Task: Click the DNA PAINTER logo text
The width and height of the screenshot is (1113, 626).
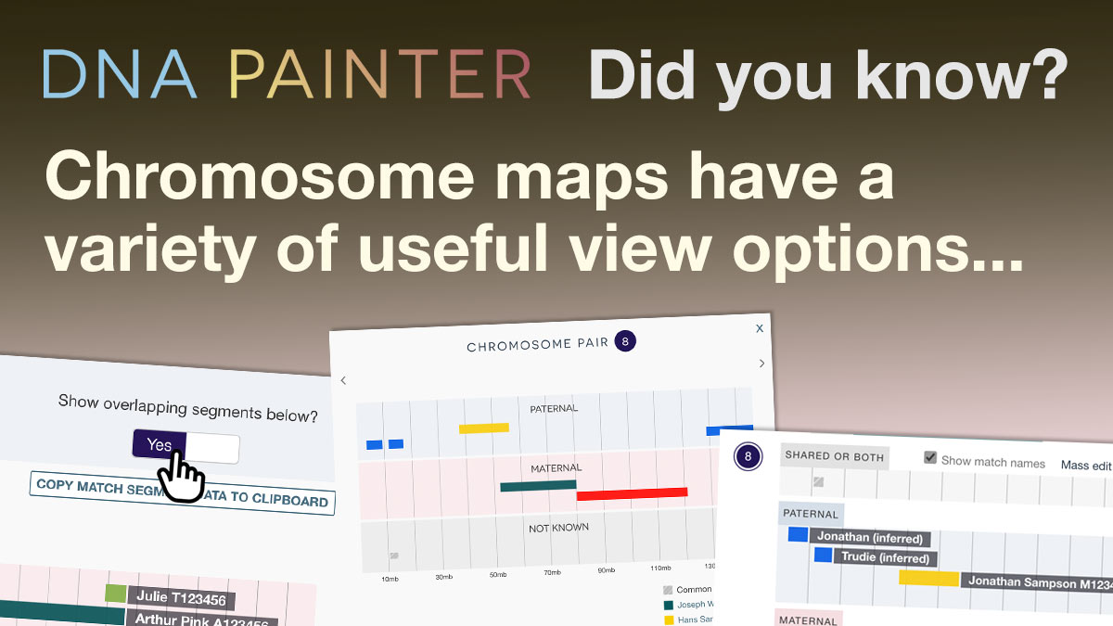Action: tap(287, 75)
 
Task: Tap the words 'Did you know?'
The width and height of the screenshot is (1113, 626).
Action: tap(828, 75)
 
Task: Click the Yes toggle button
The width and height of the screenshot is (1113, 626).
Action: tap(160, 445)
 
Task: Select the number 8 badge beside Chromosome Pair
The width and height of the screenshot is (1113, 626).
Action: tap(625, 341)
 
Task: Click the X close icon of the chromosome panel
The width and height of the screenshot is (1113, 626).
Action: tap(760, 328)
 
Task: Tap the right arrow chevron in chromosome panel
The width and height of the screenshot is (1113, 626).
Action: tap(762, 364)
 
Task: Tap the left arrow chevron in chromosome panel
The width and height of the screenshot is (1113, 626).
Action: tap(343, 380)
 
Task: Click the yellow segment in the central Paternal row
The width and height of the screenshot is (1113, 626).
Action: tap(484, 428)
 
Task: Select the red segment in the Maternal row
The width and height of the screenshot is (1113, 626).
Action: tap(632, 493)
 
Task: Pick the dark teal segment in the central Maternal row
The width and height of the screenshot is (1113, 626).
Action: tap(538, 486)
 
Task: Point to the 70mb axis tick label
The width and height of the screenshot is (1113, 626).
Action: tap(552, 572)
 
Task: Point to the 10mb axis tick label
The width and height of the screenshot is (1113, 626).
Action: tap(390, 579)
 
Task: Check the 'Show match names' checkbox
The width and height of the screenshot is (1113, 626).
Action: tap(931, 458)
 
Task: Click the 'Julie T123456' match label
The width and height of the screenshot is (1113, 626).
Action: tap(182, 600)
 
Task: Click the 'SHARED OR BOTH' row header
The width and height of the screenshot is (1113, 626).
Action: tap(833, 455)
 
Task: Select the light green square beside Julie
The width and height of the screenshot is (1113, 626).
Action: tap(115, 593)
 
